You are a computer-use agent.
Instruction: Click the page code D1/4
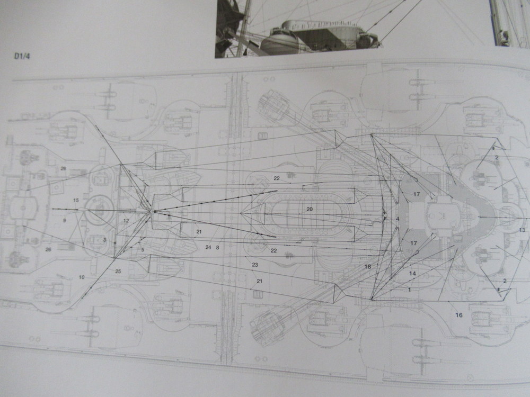point(22,56)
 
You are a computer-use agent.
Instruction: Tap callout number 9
point(64,220)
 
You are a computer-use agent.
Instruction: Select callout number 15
point(76,200)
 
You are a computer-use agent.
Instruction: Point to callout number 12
point(126,221)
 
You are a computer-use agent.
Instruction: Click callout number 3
point(105,240)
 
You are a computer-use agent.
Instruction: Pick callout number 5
point(143,250)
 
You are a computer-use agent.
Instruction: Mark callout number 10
point(82,277)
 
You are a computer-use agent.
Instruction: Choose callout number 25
point(118,272)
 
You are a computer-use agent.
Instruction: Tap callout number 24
point(208,247)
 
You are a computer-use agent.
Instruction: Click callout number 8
point(218,247)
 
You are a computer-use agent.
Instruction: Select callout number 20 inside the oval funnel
point(310,209)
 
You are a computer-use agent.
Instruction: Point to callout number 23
point(255,265)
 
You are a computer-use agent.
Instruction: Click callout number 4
point(397,219)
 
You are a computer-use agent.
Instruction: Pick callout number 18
point(368,267)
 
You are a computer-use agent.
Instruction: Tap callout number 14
point(412,274)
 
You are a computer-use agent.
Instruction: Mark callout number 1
point(410,290)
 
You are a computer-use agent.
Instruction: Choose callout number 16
point(458,315)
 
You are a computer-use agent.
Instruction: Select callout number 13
point(522,230)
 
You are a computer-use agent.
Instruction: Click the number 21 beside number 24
point(199,232)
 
